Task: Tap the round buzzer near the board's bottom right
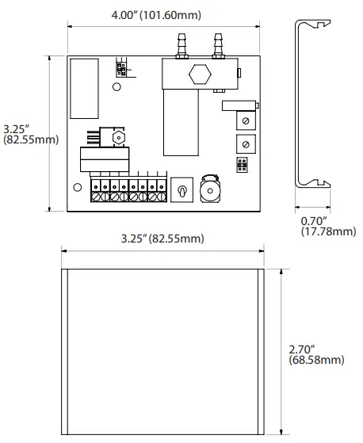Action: pos(211,192)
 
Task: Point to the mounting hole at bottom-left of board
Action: pos(77,188)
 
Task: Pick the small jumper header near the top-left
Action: pos(120,69)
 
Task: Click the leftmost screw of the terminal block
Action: pos(97,193)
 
